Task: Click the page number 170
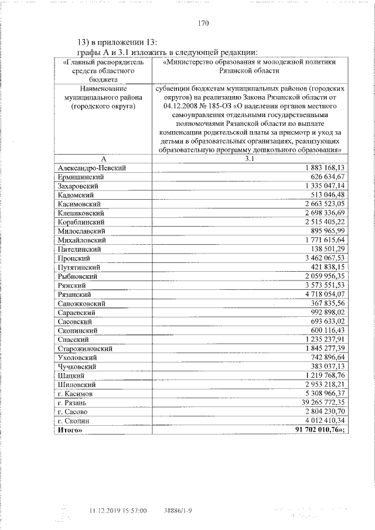click(x=203, y=24)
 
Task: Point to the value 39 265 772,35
click(x=319, y=404)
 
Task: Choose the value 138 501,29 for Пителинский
click(x=323, y=249)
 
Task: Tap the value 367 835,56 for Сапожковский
click(x=323, y=303)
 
